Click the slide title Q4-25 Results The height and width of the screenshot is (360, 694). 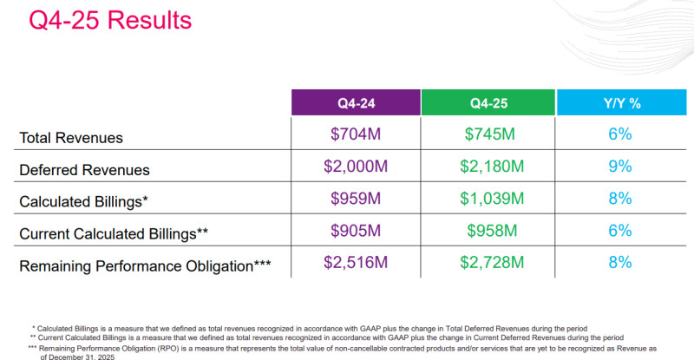coord(110,20)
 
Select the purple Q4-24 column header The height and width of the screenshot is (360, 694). coord(355,103)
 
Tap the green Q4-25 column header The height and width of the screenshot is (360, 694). coord(488,103)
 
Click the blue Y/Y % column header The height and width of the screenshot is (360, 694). coord(621,103)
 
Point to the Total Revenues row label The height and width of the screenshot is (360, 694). coord(71,137)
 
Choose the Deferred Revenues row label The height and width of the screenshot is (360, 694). coord(85,170)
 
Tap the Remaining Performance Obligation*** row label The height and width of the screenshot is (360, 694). coord(144,265)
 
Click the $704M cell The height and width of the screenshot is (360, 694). coord(356,134)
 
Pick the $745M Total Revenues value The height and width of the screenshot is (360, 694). coord(488,134)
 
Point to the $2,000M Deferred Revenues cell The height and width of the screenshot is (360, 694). coord(356,167)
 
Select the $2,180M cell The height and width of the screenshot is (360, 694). coord(488,167)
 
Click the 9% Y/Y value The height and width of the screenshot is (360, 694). coord(619,167)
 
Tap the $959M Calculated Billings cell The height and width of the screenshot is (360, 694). coord(356,199)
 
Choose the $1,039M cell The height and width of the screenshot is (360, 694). coord(488,199)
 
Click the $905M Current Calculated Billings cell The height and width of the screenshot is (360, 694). coord(356,231)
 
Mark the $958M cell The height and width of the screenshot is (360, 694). coord(488,231)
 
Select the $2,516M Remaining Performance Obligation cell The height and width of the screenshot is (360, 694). coord(356,263)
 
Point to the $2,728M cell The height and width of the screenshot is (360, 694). coord(488,263)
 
